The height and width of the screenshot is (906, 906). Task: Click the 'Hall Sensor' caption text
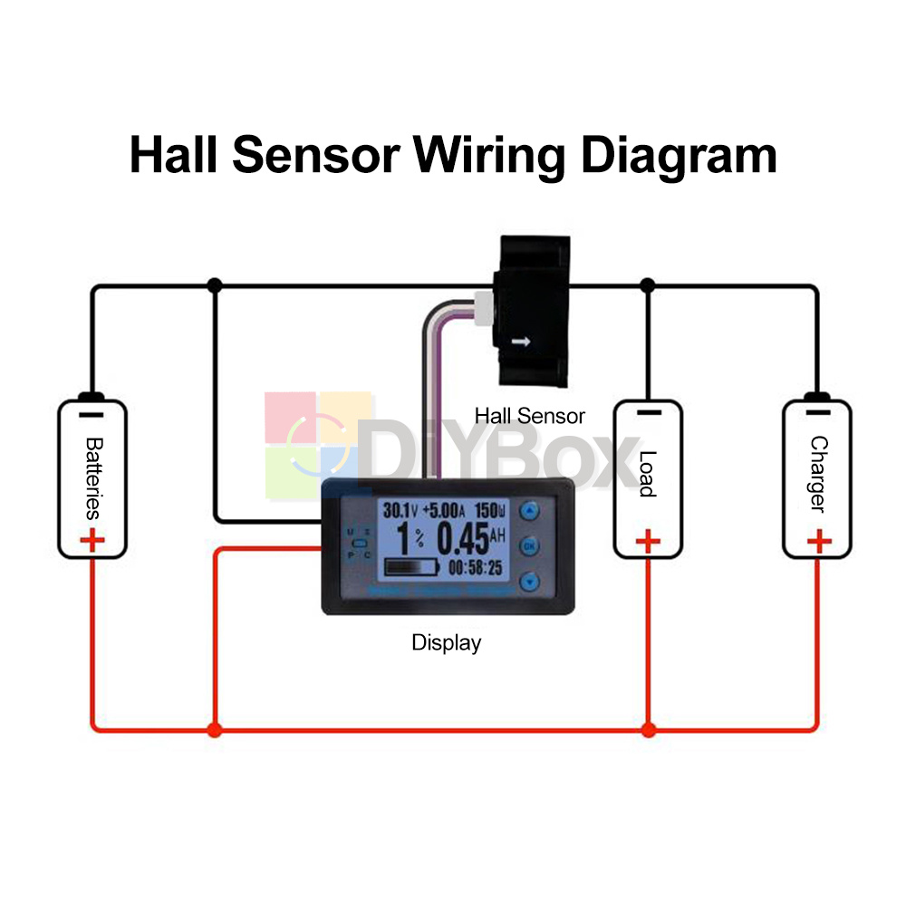[x=530, y=416]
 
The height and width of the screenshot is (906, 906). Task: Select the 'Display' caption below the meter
[x=447, y=643]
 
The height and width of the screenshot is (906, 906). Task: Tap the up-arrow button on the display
[x=530, y=511]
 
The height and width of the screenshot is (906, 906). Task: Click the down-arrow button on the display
[x=530, y=582]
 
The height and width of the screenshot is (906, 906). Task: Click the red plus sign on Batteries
[x=92, y=541]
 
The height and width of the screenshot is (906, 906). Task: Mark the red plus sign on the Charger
[x=819, y=542]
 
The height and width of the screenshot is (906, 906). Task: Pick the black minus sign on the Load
[x=648, y=412]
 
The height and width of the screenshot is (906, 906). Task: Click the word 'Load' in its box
[x=647, y=474]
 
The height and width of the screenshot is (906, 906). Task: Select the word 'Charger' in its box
[x=818, y=474]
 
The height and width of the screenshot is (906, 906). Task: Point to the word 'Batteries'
[x=92, y=477]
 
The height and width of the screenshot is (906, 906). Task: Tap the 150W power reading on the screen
[x=495, y=510]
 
